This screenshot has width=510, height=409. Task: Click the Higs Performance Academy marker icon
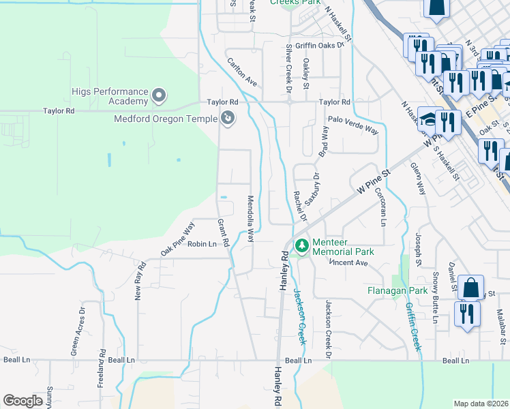coord(159,95)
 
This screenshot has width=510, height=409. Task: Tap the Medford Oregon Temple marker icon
coord(228,119)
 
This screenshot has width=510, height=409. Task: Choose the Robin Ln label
coord(202,243)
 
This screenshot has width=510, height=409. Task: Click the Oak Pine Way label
coord(178,237)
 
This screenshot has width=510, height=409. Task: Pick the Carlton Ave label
coord(242,72)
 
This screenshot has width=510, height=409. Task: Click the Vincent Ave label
coord(349,262)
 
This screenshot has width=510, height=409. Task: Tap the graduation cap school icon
coord(427,119)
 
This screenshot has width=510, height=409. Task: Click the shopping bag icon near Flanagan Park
coord(470,287)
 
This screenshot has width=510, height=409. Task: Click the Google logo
coord(22,400)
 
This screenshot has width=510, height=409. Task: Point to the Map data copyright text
coord(481,403)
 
